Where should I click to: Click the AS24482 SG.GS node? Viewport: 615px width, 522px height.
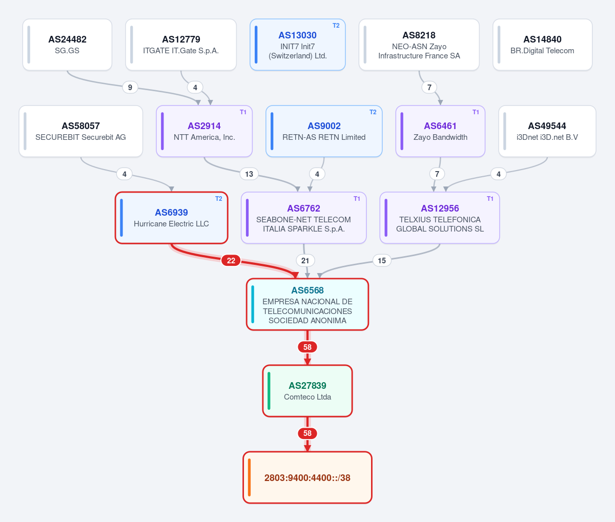tap(67, 45)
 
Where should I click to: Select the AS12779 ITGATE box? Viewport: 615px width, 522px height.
tap(181, 45)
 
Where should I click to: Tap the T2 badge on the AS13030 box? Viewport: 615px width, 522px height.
tap(336, 26)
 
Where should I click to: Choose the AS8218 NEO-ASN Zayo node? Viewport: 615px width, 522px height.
tap(419, 45)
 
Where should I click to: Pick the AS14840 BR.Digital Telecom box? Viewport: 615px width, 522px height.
tap(542, 45)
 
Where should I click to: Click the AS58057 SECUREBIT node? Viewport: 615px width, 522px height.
tap(80, 131)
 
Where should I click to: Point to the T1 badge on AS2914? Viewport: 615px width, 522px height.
tap(243, 112)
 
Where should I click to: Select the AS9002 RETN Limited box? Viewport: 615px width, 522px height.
tap(324, 131)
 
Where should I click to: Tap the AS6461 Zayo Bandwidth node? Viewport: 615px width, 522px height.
tap(440, 131)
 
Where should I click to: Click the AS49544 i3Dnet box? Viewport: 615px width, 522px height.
tap(547, 131)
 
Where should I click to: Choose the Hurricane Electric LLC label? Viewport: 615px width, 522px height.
tap(171, 224)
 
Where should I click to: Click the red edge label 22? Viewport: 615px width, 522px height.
tap(231, 261)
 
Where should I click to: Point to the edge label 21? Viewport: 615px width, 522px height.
tap(305, 261)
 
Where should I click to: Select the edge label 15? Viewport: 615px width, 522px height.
tap(382, 261)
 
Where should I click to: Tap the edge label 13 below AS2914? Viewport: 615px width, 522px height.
tap(249, 174)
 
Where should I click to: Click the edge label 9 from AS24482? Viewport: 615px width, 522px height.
tap(130, 88)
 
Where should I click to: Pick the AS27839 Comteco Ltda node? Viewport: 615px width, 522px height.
tap(307, 391)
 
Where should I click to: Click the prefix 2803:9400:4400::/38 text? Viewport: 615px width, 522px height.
tap(307, 477)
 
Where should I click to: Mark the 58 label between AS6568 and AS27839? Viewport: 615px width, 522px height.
tap(307, 347)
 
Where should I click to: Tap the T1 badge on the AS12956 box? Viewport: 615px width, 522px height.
tap(490, 199)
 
